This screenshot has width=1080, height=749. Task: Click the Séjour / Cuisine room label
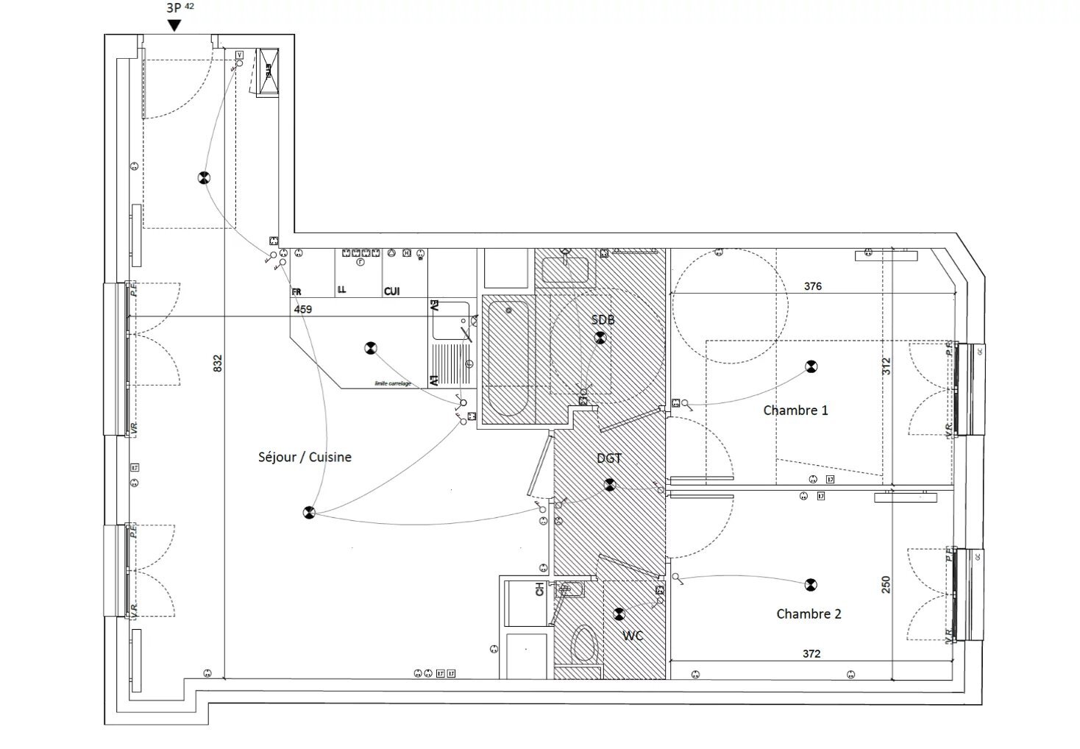tap(305, 457)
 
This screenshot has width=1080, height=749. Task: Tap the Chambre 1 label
tap(795, 411)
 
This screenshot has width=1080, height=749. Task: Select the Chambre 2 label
tap(809, 614)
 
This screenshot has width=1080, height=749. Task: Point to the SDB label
tap(603, 320)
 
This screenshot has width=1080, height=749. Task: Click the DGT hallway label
tap(609, 458)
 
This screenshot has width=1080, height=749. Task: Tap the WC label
tap(633, 635)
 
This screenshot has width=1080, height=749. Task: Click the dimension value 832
tap(218, 363)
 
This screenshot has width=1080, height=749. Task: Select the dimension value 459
tap(302, 310)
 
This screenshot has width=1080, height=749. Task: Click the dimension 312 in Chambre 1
tap(886, 366)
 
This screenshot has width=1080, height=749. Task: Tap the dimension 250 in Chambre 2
tap(886, 584)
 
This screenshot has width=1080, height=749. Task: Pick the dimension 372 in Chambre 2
tap(811, 653)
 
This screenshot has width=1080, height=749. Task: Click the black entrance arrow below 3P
tap(174, 26)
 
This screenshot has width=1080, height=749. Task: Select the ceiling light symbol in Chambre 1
tap(811, 366)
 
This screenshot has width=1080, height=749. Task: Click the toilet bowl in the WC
tap(584, 643)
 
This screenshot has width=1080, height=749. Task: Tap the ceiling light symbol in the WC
tap(619, 613)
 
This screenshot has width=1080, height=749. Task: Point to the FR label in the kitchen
tap(296, 292)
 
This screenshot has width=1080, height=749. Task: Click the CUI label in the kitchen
tap(391, 292)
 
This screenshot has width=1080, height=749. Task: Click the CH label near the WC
tap(539, 589)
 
